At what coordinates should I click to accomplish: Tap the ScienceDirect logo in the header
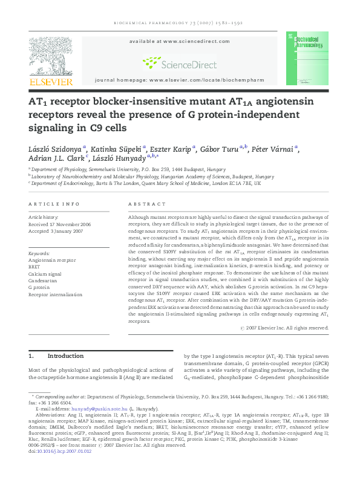(180, 62)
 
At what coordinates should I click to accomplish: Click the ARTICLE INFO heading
(54, 204)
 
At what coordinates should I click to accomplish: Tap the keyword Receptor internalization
(56, 294)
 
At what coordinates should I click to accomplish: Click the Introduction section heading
(65, 356)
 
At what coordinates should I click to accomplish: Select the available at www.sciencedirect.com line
(180, 41)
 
